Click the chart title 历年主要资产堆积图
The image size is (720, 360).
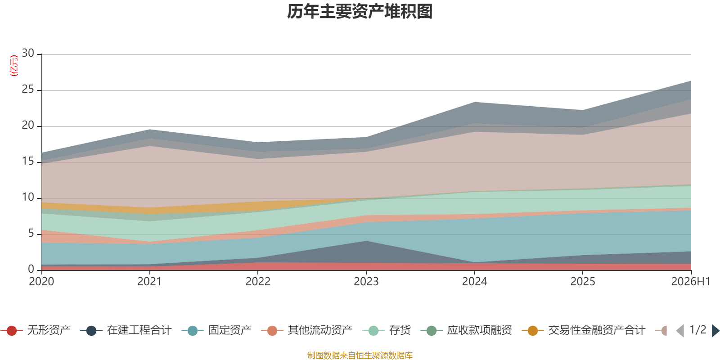pyautogui.click(x=360, y=12)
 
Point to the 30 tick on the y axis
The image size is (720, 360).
pyautogui.click(x=28, y=53)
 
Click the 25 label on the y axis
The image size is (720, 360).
pyautogui.click(x=28, y=89)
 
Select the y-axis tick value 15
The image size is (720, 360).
pyautogui.click(x=28, y=161)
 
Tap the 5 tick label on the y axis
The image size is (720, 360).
pyautogui.click(x=31, y=233)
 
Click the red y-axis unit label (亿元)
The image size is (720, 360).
pyautogui.click(x=14, y=66)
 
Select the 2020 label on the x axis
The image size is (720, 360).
pyautogui.click(x=41, y=282)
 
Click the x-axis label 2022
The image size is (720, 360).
pyautogui.click(x=258, y=282)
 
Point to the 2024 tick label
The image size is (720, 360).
pyautogui.click(x=474, y=282)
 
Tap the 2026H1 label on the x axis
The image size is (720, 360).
pyautogui.click(x=690, y=282)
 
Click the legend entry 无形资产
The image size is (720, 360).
pyautogui.click(x=36, y=330)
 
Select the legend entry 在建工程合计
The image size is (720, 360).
pyautogui.click(x=126, y=330)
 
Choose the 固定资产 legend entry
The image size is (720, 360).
pyautogui.click(x=216, y=330)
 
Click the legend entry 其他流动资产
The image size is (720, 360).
pyautogui.click(x=307, y=330)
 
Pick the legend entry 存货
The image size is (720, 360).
pyautogui.click(x=387, y=330)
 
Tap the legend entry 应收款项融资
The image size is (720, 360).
pyautogui.click(x=466, y=330)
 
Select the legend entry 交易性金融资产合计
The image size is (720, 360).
pyautogui.click(x=583, y=330)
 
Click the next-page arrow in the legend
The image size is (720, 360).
pyautogui.click(x=715, y=330)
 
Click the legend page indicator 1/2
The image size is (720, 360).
pyautogui.click(x=698, y=330)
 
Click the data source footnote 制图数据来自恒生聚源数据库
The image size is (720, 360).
pyautogui.click(x=360, y=355)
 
